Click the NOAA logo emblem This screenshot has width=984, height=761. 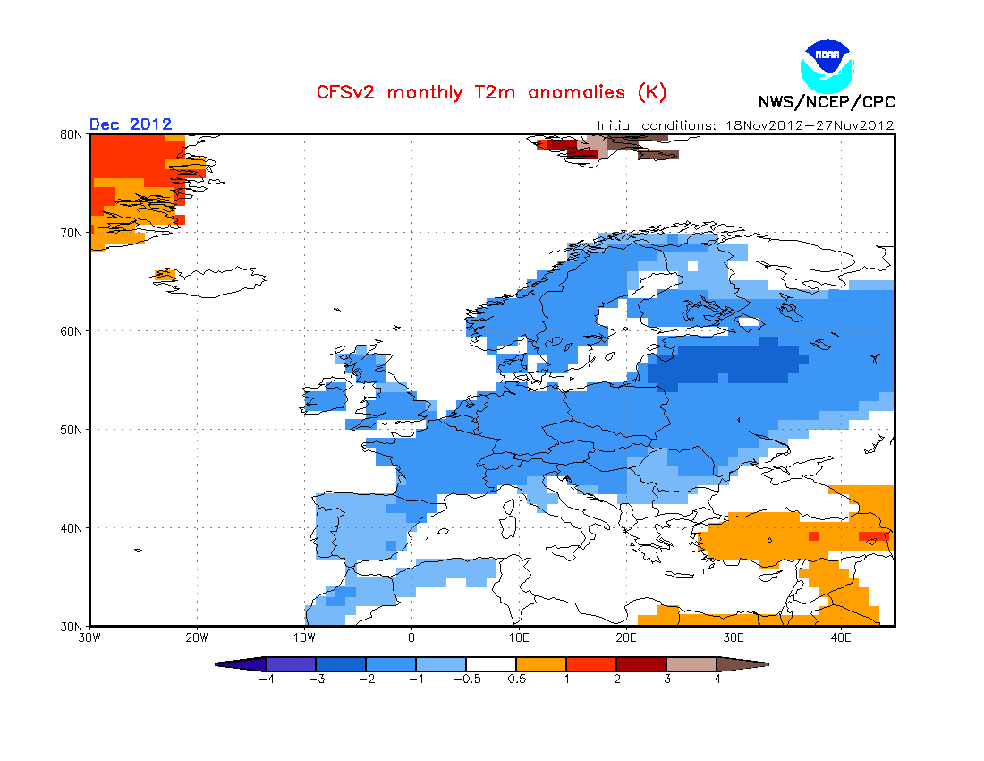pyautogui.click(x=827, y=66)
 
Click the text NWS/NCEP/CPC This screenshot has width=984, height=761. pyautogui.click(x=827, y=102)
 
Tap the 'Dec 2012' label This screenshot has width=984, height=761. pyautogui.click(x=131, y=124)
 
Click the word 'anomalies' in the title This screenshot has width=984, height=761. pyautogui.click(x=577, y=92)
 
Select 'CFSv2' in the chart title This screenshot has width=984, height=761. pyautogui.click(x=345, y=92)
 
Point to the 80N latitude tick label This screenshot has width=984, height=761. pyautogui.click(x=71, y=134)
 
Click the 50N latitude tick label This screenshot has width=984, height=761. pyautogui.click(x=71, y=430)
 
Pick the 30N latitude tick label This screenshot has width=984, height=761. pyautogui.click(x=71, y=626)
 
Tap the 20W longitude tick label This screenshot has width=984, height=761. pyautogui.click(x=197, y=638)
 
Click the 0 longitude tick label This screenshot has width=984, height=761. pyautogui.click(x=411, y=638)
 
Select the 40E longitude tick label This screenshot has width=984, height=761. pyautogui.click(x=841, y=638)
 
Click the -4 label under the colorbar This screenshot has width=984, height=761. pyautogui.click(x=266, y=679)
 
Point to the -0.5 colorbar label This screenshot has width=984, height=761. pyautogui.click(x=467, y=679)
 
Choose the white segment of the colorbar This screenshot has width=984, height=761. pyautogui.click(x=491, y=664)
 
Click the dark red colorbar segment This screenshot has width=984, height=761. pyautogui.click(x=641, y=664)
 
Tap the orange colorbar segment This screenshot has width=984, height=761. pyautogui.click(x=541, y=664)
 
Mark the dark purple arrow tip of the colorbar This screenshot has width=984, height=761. pyautogui.click(x=216, y=664)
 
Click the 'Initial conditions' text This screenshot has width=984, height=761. pyautogui.click(x=656, y=125)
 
